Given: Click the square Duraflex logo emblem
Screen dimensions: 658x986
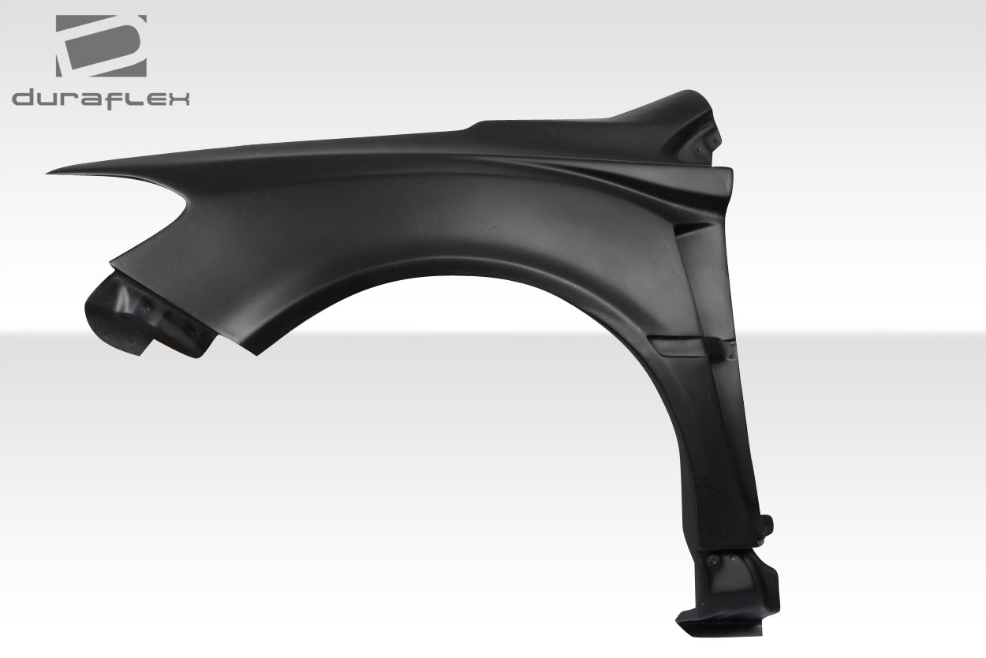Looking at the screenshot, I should (x=101, y=46).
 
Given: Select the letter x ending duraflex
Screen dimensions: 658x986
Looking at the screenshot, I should (x=178, y=99).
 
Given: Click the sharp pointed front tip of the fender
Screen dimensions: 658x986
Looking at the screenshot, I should (x=50, y=171).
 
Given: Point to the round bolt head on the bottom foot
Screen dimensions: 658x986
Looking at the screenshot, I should (x=713, y=561).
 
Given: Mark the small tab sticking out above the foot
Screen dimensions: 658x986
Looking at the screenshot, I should (x=768, y=524).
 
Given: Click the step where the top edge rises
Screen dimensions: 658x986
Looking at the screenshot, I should (x=473, y=126).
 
